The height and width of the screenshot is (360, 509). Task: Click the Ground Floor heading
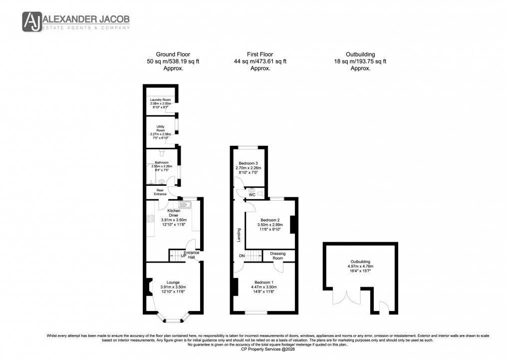click(x=173, y=54)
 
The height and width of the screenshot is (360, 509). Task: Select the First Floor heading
click(x=259, y=54)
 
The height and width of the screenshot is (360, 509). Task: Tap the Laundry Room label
click(x=160, y=100)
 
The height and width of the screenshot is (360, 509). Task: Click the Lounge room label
click(x=173, y=283)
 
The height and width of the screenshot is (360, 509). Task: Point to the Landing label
click(x=239, y=235)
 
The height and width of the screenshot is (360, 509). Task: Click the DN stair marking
click(x=242, y=256)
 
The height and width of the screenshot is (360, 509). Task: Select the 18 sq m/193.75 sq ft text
click(x=360, y=61)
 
